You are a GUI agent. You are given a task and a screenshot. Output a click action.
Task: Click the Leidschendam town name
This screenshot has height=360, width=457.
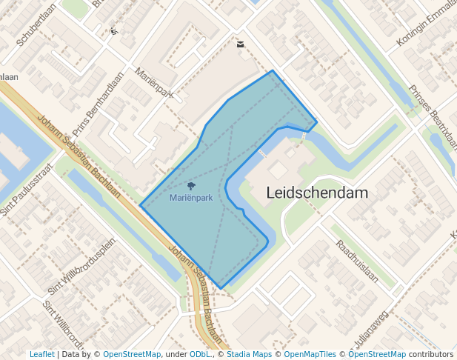(x=317, y=193)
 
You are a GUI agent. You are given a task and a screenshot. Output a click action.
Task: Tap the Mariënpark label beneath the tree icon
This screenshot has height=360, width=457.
(x=191, y=198)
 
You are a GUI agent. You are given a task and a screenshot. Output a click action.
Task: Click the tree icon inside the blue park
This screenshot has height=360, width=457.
(x=191, y=186)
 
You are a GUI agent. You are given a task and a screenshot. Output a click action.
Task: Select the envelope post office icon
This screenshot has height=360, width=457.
(x=240, y=44)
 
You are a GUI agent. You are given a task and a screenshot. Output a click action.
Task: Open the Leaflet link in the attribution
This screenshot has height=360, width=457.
(x=41, y=354)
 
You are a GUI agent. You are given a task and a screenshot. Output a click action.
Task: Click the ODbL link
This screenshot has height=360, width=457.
(x=200, y=354)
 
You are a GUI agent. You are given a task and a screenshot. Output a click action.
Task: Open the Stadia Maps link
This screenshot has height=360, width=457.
(x=249, y=354)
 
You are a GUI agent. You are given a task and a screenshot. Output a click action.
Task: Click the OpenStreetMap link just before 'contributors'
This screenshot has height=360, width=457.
(x=377, y=354)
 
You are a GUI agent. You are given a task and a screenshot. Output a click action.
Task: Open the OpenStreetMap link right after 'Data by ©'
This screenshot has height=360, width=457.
(x=132, y=354)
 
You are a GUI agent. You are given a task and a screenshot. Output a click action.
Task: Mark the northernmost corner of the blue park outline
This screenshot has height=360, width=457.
(x=273, y=70)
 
